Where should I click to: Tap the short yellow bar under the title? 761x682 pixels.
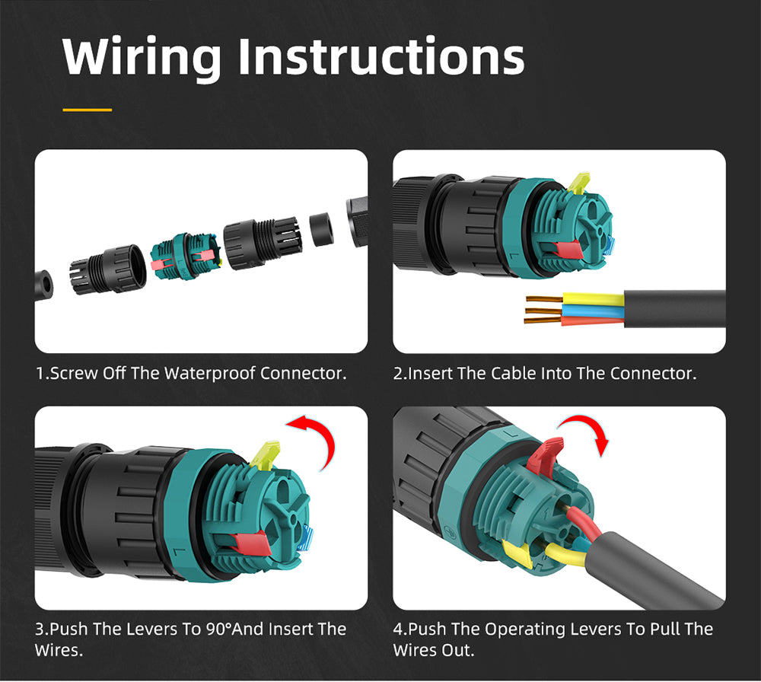pyautogui.click(x=87, y=110)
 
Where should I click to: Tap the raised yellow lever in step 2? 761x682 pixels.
pyautogui.click(x=579, y=183)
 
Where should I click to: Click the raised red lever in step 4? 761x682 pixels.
pyautogui.click(x=546, y=455)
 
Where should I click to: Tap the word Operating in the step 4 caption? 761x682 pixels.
pyautogui.click(x=523, y=629)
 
